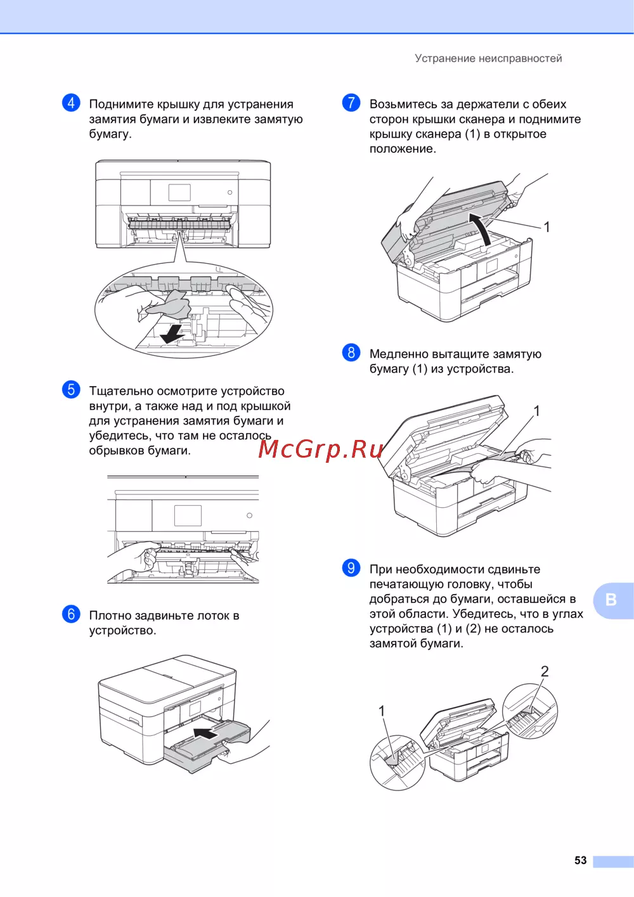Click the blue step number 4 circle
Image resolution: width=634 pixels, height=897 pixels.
tap(71, 103)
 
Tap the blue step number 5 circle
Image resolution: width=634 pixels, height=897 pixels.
tap(71, 390)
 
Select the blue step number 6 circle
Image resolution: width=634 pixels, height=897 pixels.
tap(71, 614)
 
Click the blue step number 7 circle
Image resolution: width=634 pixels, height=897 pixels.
tap(351, 103)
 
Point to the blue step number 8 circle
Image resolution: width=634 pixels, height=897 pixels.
tap(351, 353)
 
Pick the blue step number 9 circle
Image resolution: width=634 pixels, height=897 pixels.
tap(351, 568)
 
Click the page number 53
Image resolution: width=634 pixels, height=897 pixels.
tap(580, 860)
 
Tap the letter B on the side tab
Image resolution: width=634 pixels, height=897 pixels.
tap(611, 600)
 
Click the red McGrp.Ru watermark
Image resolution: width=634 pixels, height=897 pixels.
tap(320, 449)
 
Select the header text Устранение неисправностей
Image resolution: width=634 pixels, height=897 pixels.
tap(488, 58)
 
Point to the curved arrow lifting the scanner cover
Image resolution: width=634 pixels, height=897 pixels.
tap(481, 228)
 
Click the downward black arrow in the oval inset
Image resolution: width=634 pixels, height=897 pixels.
tap(171, 334)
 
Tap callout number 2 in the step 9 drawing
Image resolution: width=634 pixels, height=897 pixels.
tap(545, 671)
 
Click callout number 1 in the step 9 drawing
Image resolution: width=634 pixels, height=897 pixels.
tap(382, 711)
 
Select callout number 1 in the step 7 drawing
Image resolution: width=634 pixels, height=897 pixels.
tap(547, 228)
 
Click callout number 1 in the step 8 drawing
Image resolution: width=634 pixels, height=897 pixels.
tap(536, 411)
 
